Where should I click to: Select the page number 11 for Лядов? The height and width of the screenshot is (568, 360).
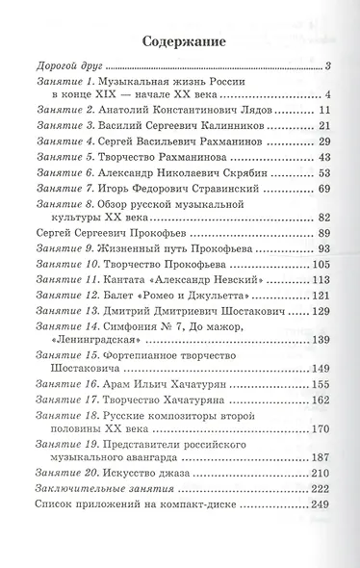pos(323,110)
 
